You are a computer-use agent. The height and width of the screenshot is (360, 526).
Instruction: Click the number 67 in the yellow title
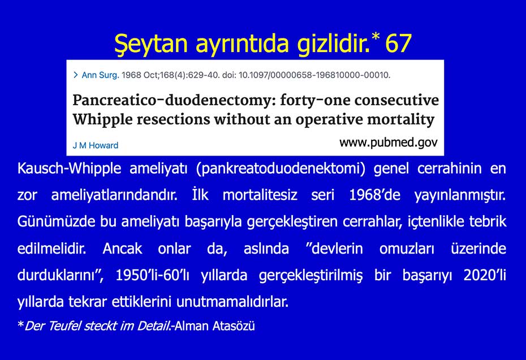(398, 44)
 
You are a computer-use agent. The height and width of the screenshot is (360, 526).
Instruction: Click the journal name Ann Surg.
(100, 75)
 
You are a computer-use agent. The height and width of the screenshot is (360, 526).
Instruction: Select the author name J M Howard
(96, 145)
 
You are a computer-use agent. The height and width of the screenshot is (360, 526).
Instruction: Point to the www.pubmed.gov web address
(389, 143)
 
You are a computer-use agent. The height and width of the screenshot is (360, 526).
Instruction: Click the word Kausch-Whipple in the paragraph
(69, 168)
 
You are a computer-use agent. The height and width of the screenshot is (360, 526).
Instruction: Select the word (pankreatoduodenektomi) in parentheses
(281, 169)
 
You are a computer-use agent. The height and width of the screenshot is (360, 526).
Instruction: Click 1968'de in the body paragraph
(375, 195)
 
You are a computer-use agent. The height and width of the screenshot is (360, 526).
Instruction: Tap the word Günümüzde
(57, 222)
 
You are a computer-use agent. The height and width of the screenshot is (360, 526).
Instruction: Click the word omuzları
(407, 248)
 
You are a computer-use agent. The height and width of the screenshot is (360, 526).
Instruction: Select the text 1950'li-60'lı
(152, 275)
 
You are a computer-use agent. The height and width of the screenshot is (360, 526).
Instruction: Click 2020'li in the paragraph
(485, 275)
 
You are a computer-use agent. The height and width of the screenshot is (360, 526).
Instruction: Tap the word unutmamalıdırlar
(232, 302)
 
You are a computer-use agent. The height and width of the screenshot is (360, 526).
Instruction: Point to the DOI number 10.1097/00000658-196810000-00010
(314, 75)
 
